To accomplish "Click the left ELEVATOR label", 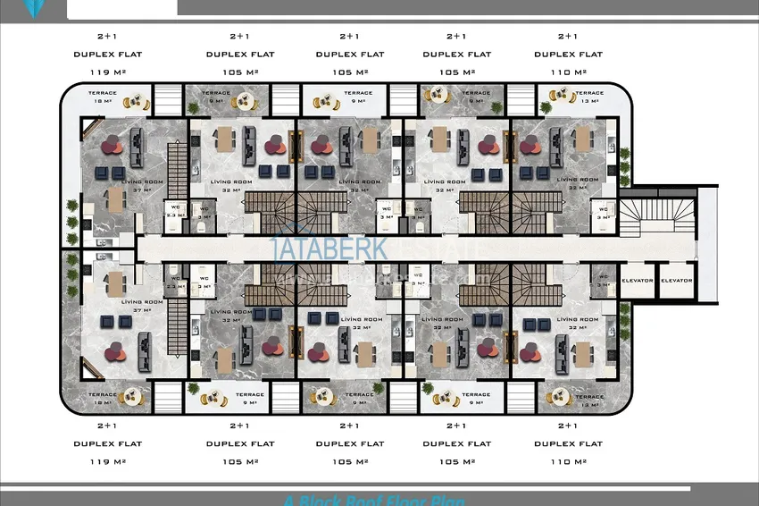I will (x=638, y=281).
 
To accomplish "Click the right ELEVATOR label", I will (x=677, y=281).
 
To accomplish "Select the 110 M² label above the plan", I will (x=567, y=72).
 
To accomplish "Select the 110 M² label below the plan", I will (x=567, y=461).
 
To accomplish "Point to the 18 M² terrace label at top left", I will (x=102, y=101).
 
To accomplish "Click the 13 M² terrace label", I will (x=588, y=101).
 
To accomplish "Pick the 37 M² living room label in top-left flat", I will (x=142, y=190).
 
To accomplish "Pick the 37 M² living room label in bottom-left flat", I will (x=142, y=310).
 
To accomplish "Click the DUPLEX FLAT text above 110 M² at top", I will (x=567, y=55).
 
